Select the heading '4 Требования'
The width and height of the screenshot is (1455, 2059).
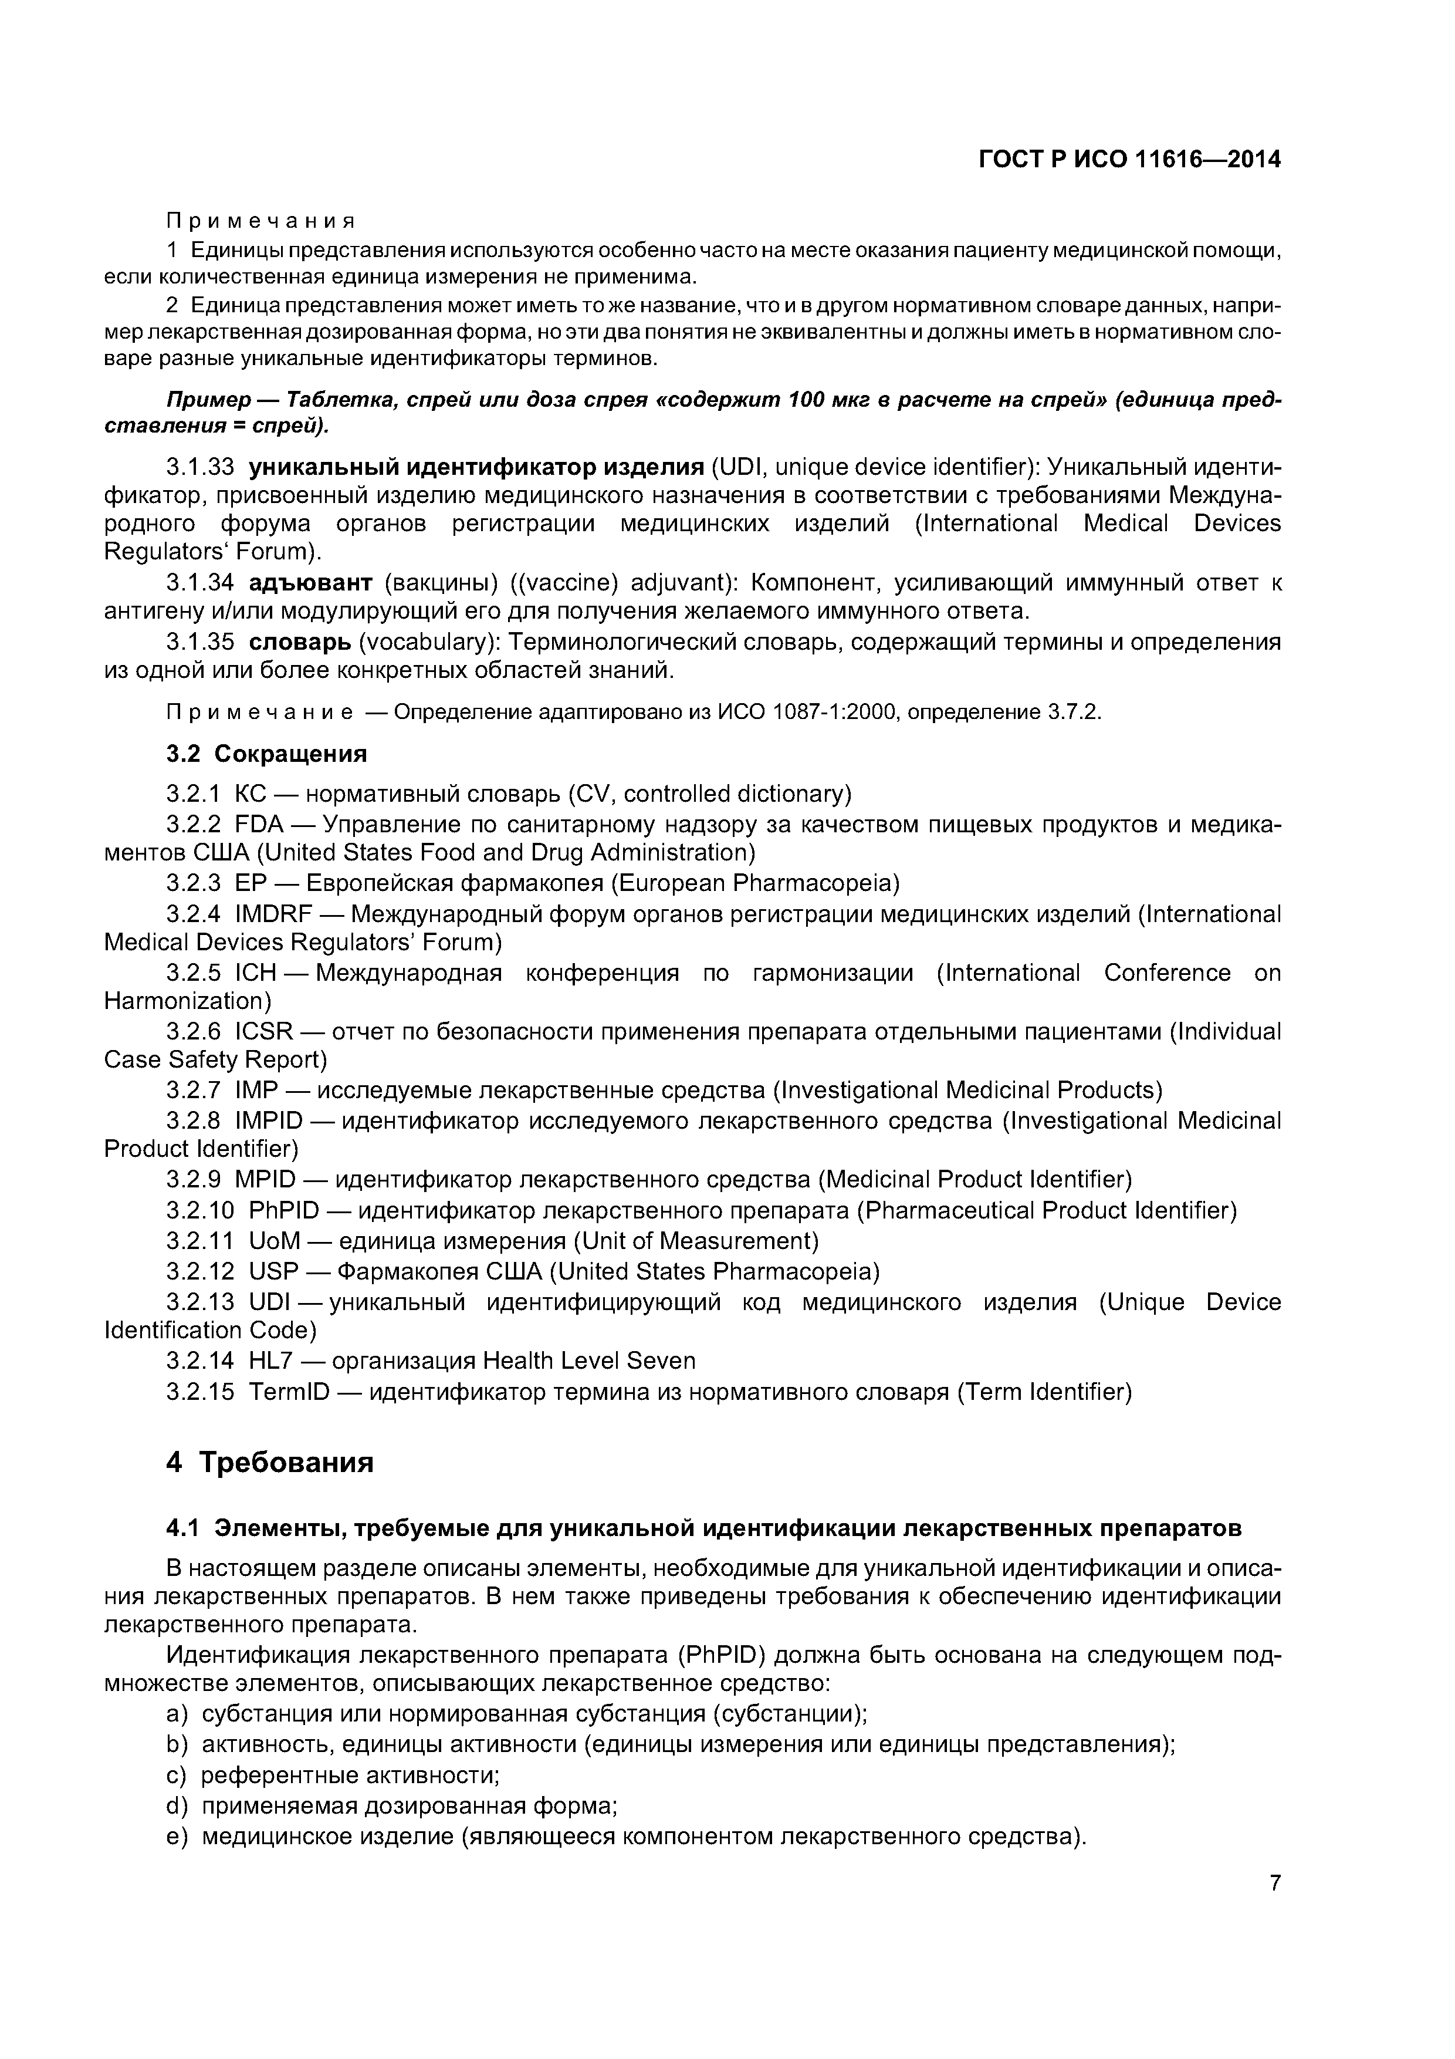click(269, 1463)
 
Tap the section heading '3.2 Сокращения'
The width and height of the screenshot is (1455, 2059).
click(266, 753)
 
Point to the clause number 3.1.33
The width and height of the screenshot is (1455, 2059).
click(200, 467)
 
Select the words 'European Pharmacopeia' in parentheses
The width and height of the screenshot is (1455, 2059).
click(755, 883)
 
